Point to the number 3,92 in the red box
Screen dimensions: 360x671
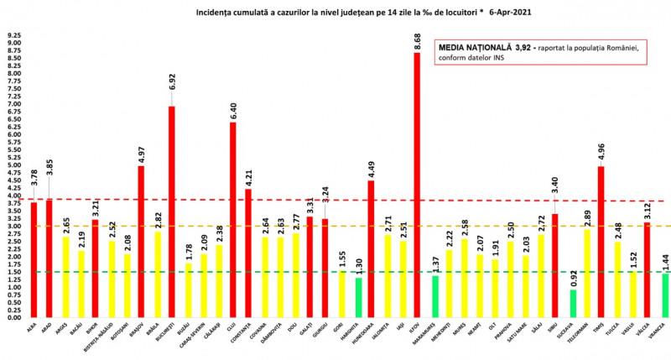pos(521,48)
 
